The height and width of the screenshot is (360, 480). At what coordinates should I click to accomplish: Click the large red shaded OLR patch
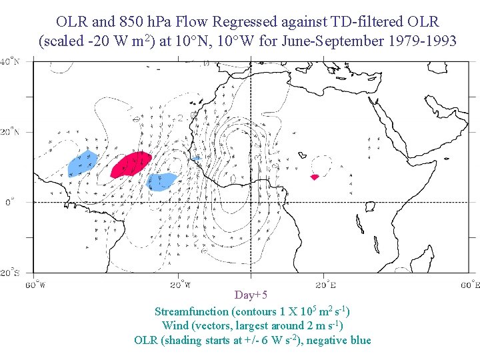click(131, 164)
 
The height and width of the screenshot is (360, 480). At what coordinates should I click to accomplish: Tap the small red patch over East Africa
click(315, 177)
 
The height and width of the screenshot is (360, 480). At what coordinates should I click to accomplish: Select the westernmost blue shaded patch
click(83, 163)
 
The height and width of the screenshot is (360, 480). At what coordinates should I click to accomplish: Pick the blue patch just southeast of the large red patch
click(161, 179)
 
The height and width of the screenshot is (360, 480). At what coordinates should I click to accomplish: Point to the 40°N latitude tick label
click(9, 61)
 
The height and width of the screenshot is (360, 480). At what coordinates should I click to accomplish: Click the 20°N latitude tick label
click(9, 132)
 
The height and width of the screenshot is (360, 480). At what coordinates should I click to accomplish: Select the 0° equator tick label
click(9, 202)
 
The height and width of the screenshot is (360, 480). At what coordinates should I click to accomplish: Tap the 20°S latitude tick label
click(9, 272)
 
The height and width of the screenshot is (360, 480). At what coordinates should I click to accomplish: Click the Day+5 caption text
click(251, 295)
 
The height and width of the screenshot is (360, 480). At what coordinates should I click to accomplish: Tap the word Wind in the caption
click(174, 326)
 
